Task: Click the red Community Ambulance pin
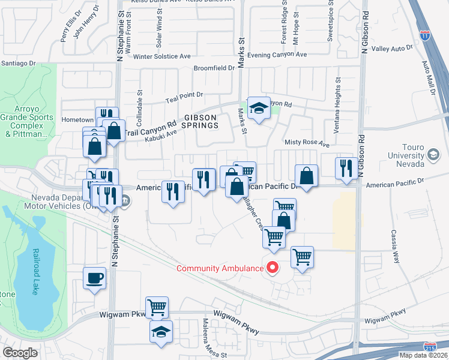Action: coord(273,268)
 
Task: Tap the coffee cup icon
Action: coord(95,278)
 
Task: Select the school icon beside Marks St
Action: coord(259,108)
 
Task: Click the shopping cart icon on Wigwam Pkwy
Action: coord(157,308)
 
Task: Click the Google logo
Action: coord(20,353)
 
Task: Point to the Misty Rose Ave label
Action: coord(307,144)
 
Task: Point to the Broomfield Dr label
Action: coord(214,68)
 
